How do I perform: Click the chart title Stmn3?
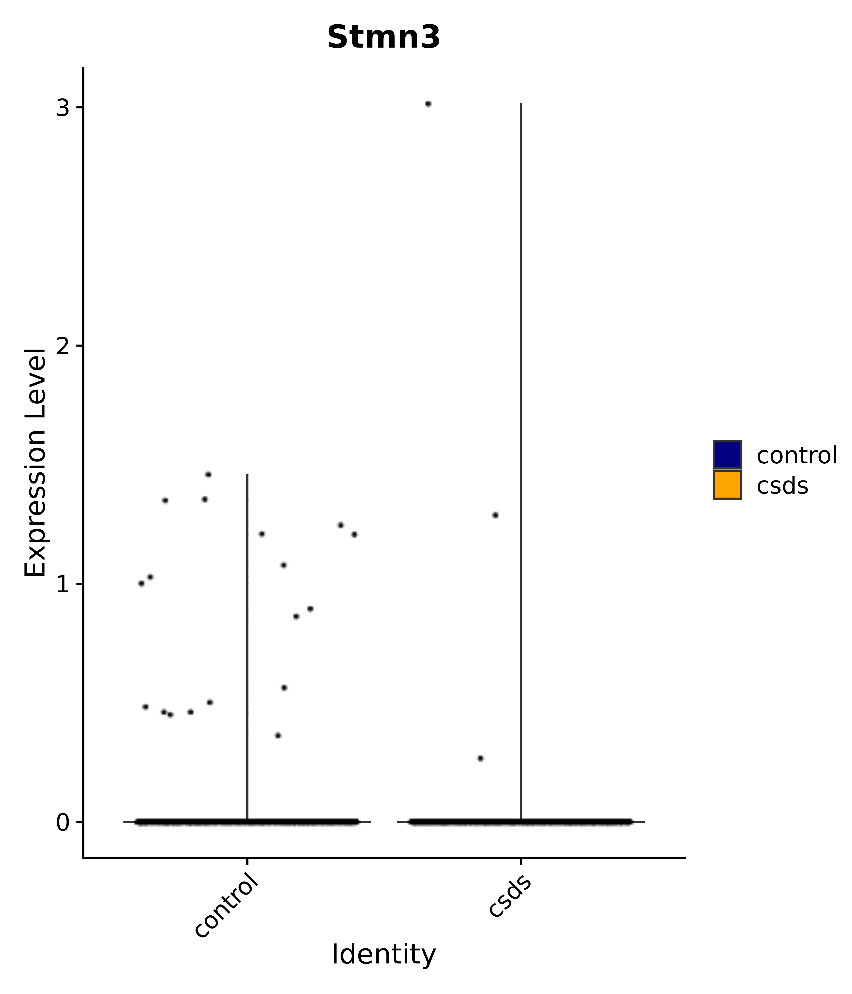pos(383,37)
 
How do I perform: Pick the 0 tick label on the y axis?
pos(63,822)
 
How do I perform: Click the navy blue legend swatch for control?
pos(727,454)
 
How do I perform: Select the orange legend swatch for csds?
pos(727,485)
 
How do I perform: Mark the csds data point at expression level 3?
pos(428,104)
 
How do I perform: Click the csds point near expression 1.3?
pos(495,515)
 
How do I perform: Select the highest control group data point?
pos(208,475)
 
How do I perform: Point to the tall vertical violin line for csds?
pos(520,432)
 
